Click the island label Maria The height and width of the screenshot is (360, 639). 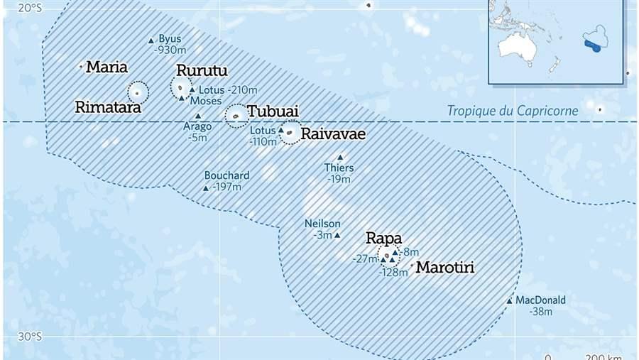(x=106, y=67)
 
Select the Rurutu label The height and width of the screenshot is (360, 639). (x=202, y=71)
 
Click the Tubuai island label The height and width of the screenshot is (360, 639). (x=273, y=111)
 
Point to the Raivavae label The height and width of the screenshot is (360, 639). (x=333, y=134)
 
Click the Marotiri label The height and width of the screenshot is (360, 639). (x=444, y=268)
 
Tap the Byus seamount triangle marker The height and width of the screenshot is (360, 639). (x=151, y=41)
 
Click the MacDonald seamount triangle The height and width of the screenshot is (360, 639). (x=509, y=301)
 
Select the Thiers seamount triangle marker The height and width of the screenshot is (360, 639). (x=340, y=158)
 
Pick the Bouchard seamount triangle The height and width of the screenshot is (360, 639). (x=206, y=188)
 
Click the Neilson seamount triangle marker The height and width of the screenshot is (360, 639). (x=337, y=235)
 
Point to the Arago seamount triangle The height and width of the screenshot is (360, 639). (x=197, y=116)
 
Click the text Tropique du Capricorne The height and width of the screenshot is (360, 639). (x=512, y=111)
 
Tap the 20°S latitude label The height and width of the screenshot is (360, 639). (x=30, y=9)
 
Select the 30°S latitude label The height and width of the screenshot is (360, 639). (x=30, y=337)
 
